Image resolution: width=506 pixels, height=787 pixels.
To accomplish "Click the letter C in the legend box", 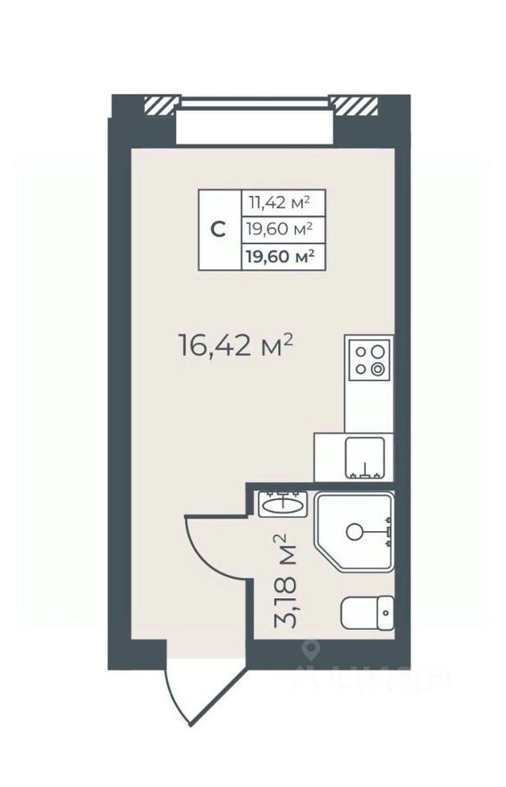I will (218, 229).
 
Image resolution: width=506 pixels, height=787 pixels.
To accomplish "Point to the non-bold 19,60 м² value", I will (280, 230).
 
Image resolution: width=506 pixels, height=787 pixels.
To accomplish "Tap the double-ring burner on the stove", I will (379, 368).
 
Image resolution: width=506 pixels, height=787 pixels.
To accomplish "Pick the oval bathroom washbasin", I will (283, 505).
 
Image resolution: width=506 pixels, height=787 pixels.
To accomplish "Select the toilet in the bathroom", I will (367, 614).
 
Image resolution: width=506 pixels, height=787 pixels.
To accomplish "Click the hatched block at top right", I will (354, 105).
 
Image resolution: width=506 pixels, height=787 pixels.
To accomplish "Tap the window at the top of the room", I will (255, 123).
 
